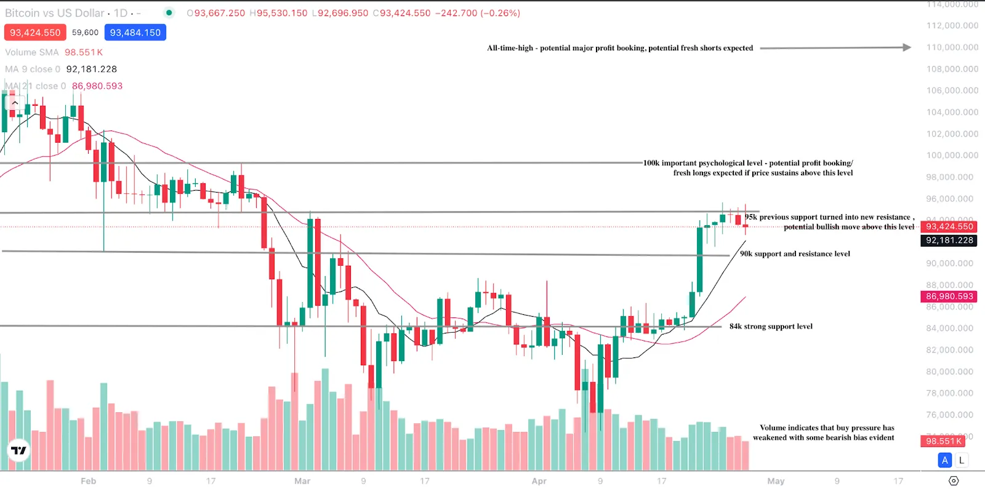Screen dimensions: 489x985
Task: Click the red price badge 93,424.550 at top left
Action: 35,33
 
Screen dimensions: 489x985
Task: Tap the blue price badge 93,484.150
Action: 135,33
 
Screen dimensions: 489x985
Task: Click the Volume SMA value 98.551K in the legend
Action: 84,52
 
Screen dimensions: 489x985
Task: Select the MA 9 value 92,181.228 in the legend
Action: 91,69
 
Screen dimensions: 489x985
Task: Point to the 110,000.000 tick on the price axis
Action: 952,47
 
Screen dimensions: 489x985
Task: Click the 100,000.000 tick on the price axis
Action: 952,155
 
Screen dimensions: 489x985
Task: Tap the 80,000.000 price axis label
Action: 952,372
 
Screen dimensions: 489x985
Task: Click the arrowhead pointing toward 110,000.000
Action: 907,47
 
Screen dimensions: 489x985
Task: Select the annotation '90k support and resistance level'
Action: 795,253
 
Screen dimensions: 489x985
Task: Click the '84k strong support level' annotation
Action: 771,327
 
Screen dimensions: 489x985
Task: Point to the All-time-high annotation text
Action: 620,48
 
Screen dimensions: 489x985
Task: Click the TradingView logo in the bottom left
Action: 19,451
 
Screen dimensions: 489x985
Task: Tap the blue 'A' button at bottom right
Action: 945,460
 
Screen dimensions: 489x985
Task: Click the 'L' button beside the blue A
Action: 961,460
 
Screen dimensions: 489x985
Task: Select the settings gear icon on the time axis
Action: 954,481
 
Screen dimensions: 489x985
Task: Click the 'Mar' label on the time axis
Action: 302,481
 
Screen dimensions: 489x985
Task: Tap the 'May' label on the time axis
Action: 776,481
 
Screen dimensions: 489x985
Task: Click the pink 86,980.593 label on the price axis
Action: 949,296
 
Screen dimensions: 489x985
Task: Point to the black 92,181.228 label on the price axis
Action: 949,241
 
